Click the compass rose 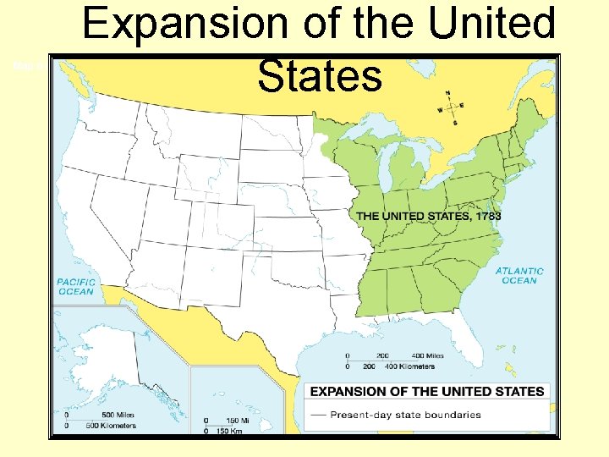pos(450,107)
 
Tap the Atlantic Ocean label pos(519,276)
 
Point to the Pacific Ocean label pos(76,286)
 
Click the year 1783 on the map pos(487,216)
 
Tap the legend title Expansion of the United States pos(427,391)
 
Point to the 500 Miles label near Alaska pos(98,415)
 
